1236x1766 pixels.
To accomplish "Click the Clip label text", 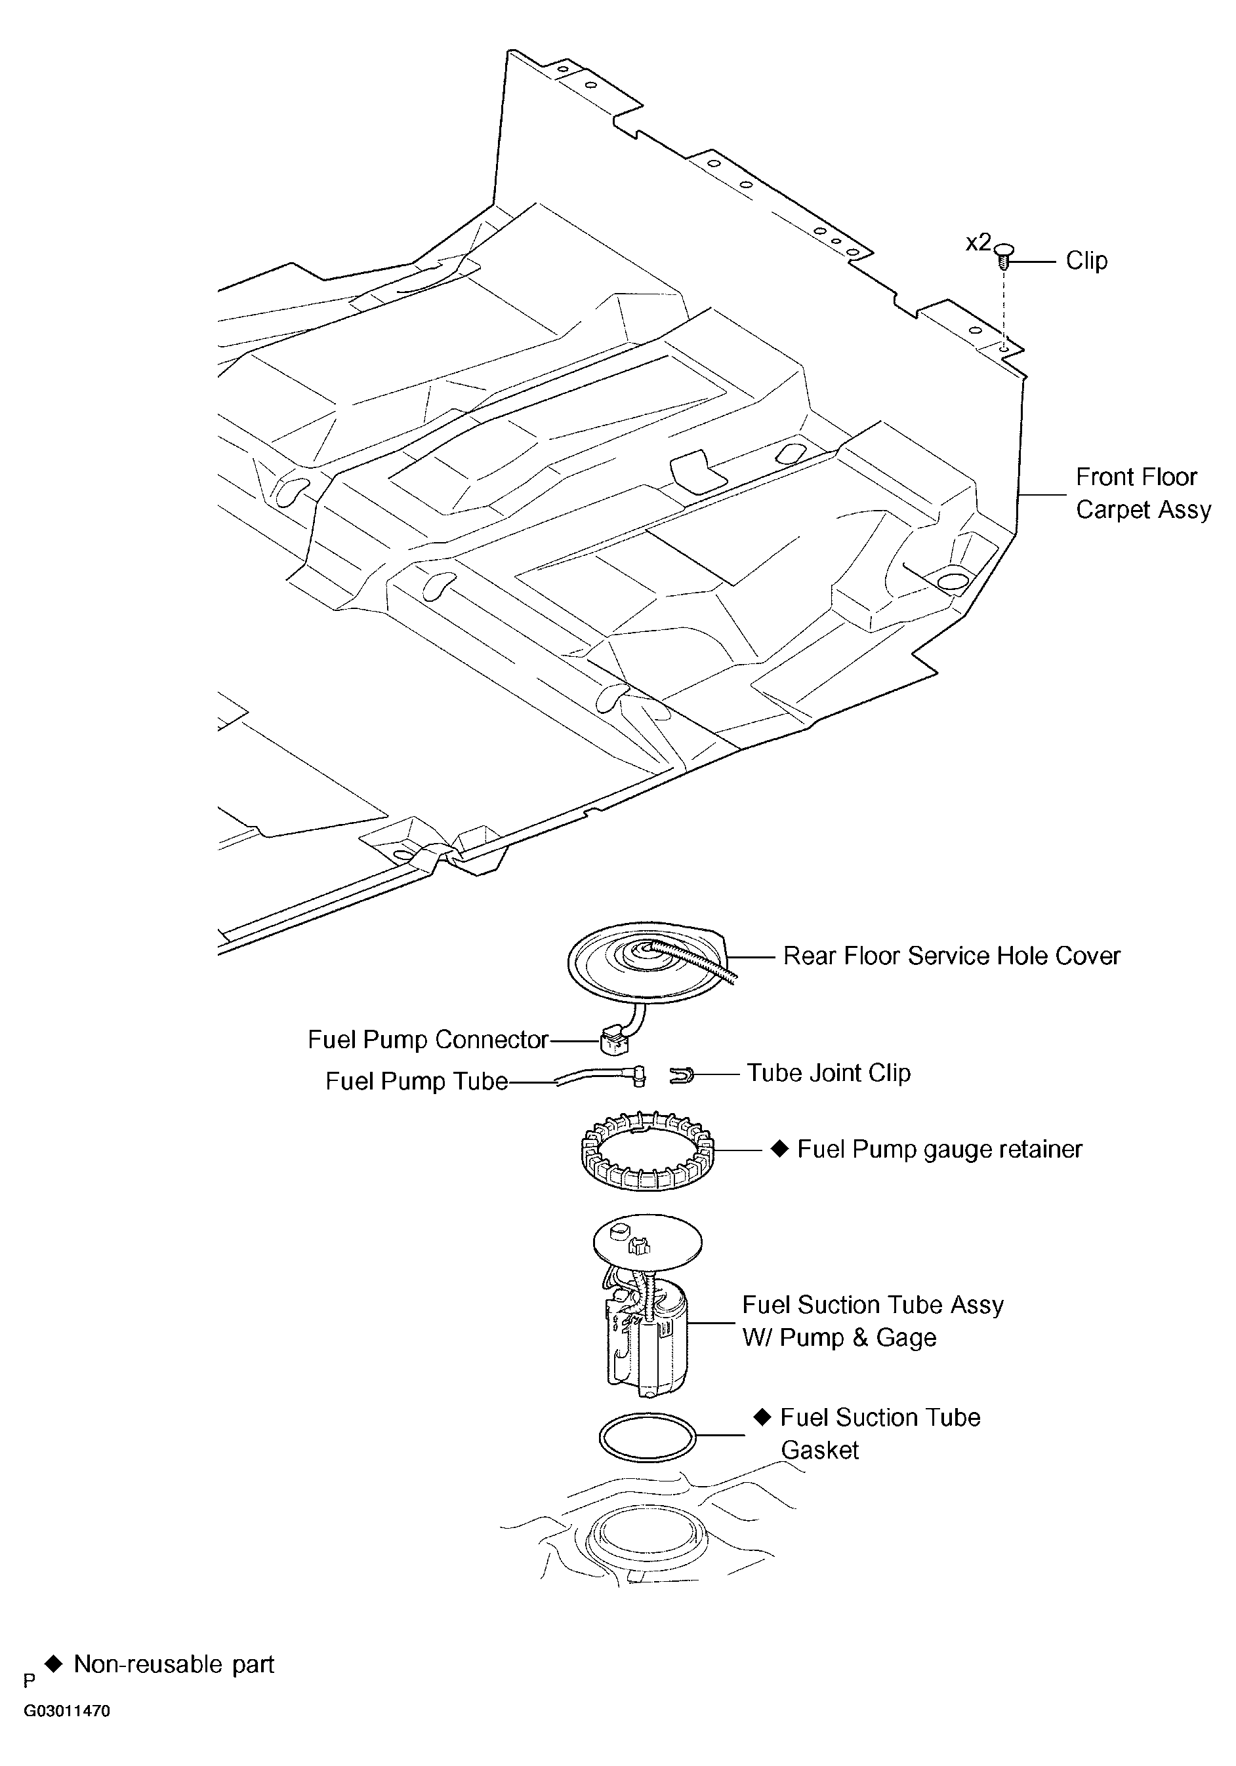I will [1086, 261].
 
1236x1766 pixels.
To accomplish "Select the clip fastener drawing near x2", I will [1004, 256].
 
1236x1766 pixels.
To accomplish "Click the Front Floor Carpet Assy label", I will [1142, 493].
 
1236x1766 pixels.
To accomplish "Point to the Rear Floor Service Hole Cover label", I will [951, 956].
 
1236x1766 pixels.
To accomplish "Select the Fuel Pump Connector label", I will [427, 1040].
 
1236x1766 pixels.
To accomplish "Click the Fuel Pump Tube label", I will [417, 1082].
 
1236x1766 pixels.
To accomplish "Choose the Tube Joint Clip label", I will [829, 1073].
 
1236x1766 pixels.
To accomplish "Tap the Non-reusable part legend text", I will [173, 1664].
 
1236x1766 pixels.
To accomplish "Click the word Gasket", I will [819, 1450].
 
